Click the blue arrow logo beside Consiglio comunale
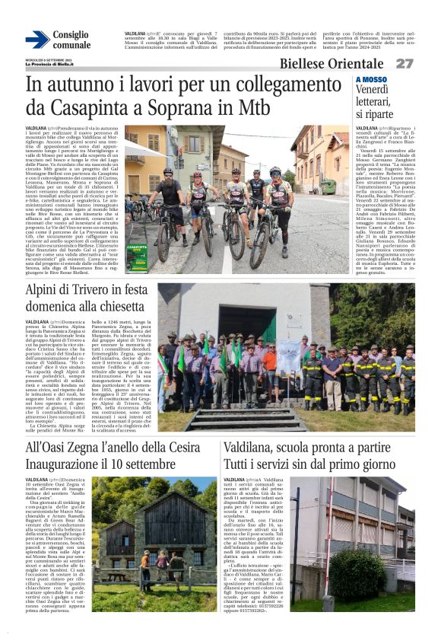click(37, 40)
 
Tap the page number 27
click(405, 63)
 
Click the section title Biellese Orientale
click(335, 63)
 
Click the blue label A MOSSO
click(371, 79)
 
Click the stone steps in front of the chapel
click(237, 418)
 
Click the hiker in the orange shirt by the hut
click(146, 560)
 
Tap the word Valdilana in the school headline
click(253, 448)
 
